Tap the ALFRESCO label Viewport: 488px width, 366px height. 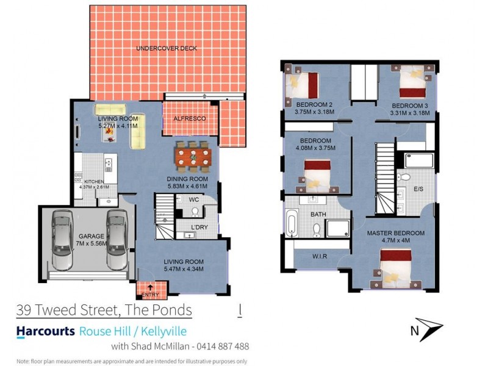tap(189, 118)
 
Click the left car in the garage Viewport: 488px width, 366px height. tap(62, 239)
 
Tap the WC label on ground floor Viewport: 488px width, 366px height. tap(195, 199)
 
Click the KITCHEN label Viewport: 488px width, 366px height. tap(94, 181)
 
